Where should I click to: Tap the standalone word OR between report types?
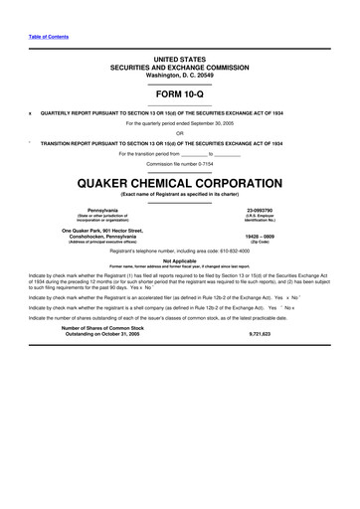click(x=179, y=133)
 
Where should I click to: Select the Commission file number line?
click(x=179, y=163)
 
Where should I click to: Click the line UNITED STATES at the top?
click(x=179, y=60)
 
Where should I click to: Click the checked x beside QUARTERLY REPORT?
click(x=30, y=112)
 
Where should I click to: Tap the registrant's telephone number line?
click(x=179, y=252)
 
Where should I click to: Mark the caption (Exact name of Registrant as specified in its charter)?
click(x=179, y=194)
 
